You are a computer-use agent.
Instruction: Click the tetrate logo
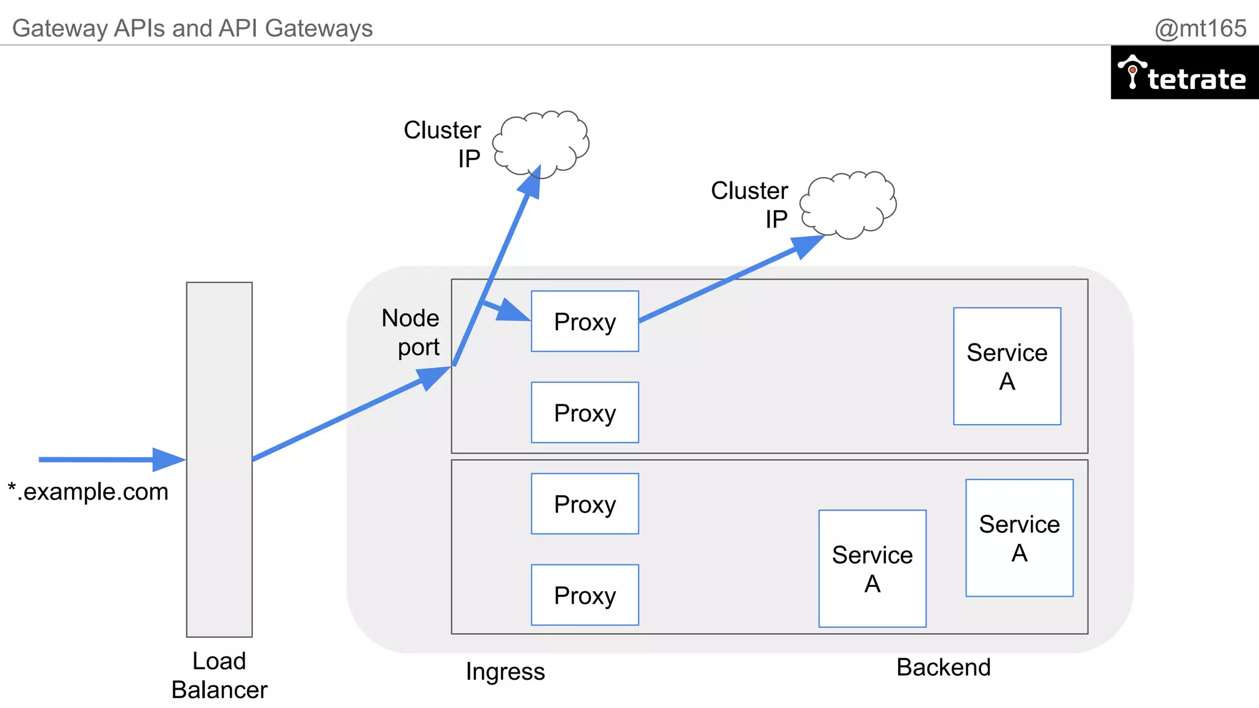point(1184,73)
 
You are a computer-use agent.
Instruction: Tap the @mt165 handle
point(1200,28)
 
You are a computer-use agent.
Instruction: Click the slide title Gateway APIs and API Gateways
point(192,28)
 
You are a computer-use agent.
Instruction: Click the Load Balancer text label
point(219,675)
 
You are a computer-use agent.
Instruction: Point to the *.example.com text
point(88,492)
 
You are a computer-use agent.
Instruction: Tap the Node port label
point(411,332)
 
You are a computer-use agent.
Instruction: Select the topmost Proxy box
point(585,321)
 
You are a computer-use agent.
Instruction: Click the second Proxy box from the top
point(585,412)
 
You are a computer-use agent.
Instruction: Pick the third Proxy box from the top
point(585,504)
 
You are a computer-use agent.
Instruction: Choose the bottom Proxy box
point(585,595)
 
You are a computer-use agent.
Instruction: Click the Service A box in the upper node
point(1007,366)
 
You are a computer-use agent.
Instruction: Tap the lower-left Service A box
point(872,568)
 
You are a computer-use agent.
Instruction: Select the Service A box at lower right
point(1019,538)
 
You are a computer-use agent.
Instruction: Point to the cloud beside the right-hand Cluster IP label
point(849,204)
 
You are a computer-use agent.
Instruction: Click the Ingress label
point(505,672)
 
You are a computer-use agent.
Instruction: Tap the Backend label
point(943,667)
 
